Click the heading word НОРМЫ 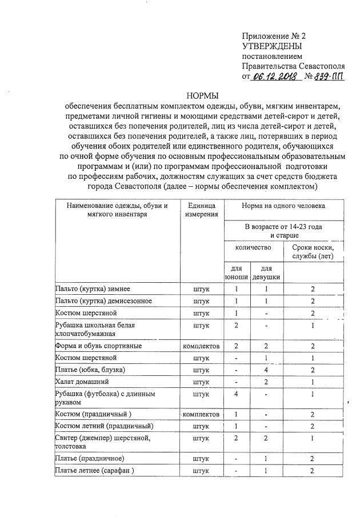(203, 95)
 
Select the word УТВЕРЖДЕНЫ (273, 46)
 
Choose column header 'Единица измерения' (201, 210)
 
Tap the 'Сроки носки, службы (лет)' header (313, 251)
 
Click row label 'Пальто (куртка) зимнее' (91, 290)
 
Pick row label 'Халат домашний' (81, 381)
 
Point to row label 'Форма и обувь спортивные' (98, 346)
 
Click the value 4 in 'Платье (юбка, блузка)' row (266, 369)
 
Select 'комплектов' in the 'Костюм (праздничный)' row (201, 414)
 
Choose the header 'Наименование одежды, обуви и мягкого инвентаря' (117, 210)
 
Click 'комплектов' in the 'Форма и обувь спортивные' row (201, 346)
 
